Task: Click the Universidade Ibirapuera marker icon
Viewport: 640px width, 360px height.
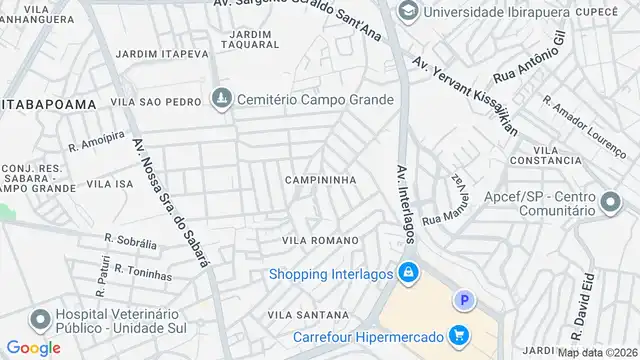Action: click(x=408, y=11)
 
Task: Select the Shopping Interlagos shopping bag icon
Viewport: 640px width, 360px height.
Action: click(x=408, y=272)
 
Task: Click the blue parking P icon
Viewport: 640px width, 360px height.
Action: click(x=462, y=300)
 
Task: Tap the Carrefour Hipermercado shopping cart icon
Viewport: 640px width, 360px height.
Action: click(x=459, y=335)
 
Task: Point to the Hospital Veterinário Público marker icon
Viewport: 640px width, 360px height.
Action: click(x=40, y=321)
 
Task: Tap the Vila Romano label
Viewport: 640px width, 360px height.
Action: click(x=320, y=241)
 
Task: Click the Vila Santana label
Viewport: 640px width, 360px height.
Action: click(x=298, y=315)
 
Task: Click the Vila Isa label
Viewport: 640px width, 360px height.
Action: click(x=110, y=184)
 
